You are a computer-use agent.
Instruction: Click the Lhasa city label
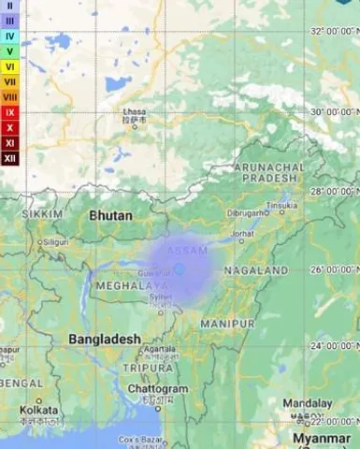[135, 112]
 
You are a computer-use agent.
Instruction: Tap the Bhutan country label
[110, 215]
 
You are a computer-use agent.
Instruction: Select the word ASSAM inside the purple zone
[187, 252]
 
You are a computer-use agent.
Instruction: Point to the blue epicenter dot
[180, 268]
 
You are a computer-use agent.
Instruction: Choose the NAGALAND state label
[256, 270]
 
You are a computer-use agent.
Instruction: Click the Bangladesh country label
[105, 339]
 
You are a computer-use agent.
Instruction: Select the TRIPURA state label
[149, 368]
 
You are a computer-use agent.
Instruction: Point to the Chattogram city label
[157, 388]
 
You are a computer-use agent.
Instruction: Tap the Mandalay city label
[308, 402]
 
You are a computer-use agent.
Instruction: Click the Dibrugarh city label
[246, 213]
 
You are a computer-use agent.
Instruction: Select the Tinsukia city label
[281, 205]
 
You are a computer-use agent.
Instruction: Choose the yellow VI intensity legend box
[10, 66]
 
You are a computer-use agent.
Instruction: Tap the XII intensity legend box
[10, 158]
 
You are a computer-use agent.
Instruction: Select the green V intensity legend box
[10, 51]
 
